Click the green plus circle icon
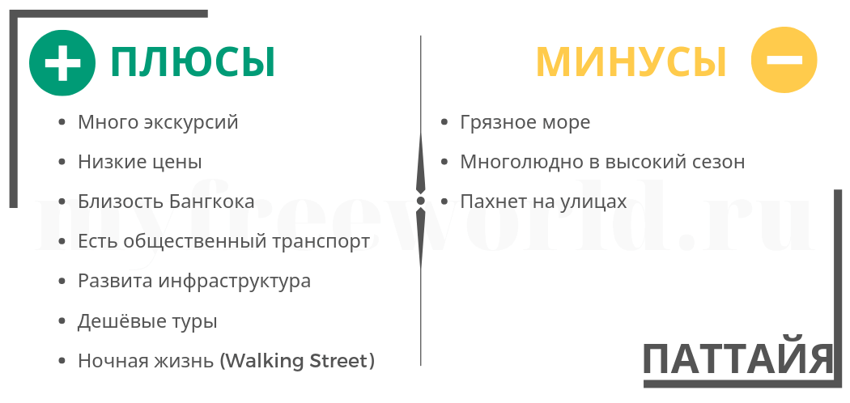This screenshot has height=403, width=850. point(62,63)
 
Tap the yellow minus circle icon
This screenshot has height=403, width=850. point(784,60)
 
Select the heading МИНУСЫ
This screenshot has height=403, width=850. point(631,62)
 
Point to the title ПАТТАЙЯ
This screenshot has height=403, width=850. point(737,359)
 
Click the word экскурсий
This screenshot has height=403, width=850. point(191,122)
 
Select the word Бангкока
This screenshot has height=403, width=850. point(212,201)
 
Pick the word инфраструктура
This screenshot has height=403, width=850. point(235,281)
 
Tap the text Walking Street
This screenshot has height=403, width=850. point(296,361)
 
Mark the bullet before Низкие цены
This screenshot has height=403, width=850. point(62,162)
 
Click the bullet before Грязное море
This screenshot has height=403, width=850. point(444,122)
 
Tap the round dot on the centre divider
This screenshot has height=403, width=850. point(420,201)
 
